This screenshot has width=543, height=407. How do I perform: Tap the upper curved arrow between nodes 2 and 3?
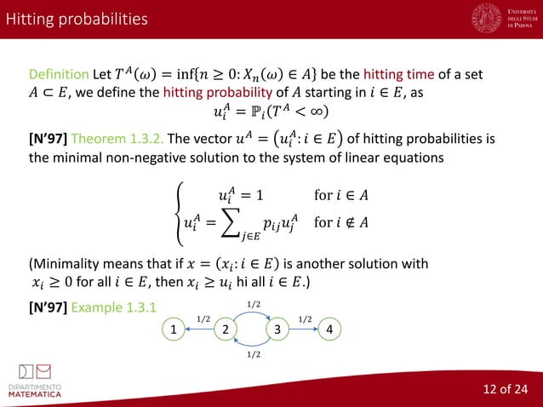[x=250, y=313]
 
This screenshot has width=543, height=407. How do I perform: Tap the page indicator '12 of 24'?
[x=505, y=390]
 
